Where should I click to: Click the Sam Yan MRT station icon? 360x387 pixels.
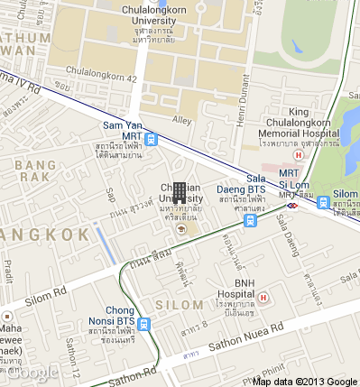point(151,140)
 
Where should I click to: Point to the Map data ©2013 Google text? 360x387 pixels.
point(306,381)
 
